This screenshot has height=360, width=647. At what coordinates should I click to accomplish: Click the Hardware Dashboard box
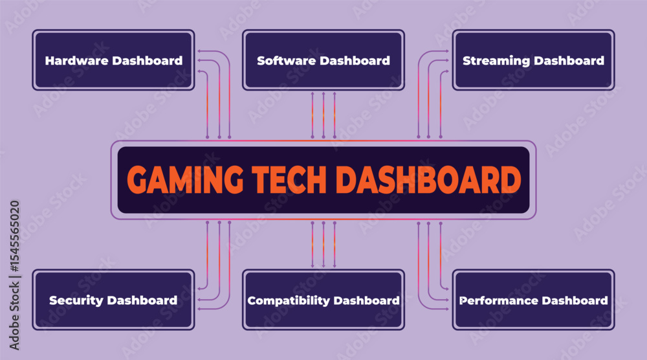pyautogui.click(x=113, y=60)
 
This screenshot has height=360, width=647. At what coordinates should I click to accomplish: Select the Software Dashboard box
pyautogui.click(x=323, y=60)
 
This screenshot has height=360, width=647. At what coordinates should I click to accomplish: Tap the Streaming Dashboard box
pyautogui.click(x=534, y=60)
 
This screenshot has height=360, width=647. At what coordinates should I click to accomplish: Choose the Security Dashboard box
pyautogui.click(x=113, y=300)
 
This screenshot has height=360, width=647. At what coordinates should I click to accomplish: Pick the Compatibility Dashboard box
pyautogui.click(x=323, y=300)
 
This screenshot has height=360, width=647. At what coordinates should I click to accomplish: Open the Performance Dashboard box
pyautogui.click(x=534, y=300)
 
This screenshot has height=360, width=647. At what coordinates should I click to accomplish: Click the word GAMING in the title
pyautogui.click(x=185, y=179)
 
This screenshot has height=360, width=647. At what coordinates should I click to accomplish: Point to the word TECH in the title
pyautogui.click(x=289, y=179)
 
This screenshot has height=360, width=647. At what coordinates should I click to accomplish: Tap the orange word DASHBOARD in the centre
pyautogui.click(x=429, y=179)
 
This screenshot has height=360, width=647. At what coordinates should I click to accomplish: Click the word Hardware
pyautogui.click(x=77, y=61)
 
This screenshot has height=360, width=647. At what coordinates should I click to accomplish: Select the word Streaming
pyautogui.click(x=496, y=61)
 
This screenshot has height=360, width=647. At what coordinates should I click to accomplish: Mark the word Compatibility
pyautogui.click(x=289, y=300)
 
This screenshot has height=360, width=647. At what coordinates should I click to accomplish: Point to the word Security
pyautogui.click(x=76, y=300)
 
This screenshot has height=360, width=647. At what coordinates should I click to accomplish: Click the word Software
pyautogui.click(x=287, y=61)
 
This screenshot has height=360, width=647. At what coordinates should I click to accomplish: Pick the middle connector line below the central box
pyautogui.click(x=323, y=244)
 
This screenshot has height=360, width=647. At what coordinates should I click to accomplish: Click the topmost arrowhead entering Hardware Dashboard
pyautogui.click(x=199, y=51)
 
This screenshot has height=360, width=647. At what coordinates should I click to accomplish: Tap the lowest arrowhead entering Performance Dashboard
pyautogui.click(x=446, y=309)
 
